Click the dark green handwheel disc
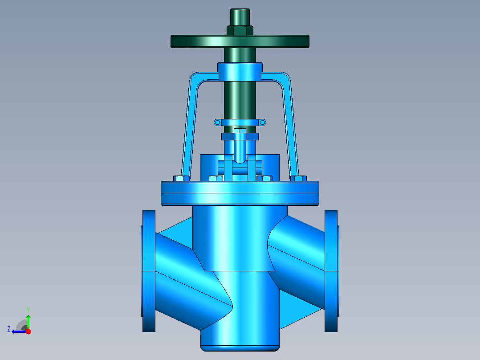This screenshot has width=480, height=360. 240,41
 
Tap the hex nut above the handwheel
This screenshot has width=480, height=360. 240,30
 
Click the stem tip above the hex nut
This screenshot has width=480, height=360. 240,17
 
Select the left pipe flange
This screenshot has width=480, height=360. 149,271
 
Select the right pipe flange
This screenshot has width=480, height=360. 331,271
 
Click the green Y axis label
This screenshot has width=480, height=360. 28,310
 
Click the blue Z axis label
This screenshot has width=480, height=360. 9,329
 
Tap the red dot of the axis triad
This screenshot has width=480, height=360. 28,331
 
